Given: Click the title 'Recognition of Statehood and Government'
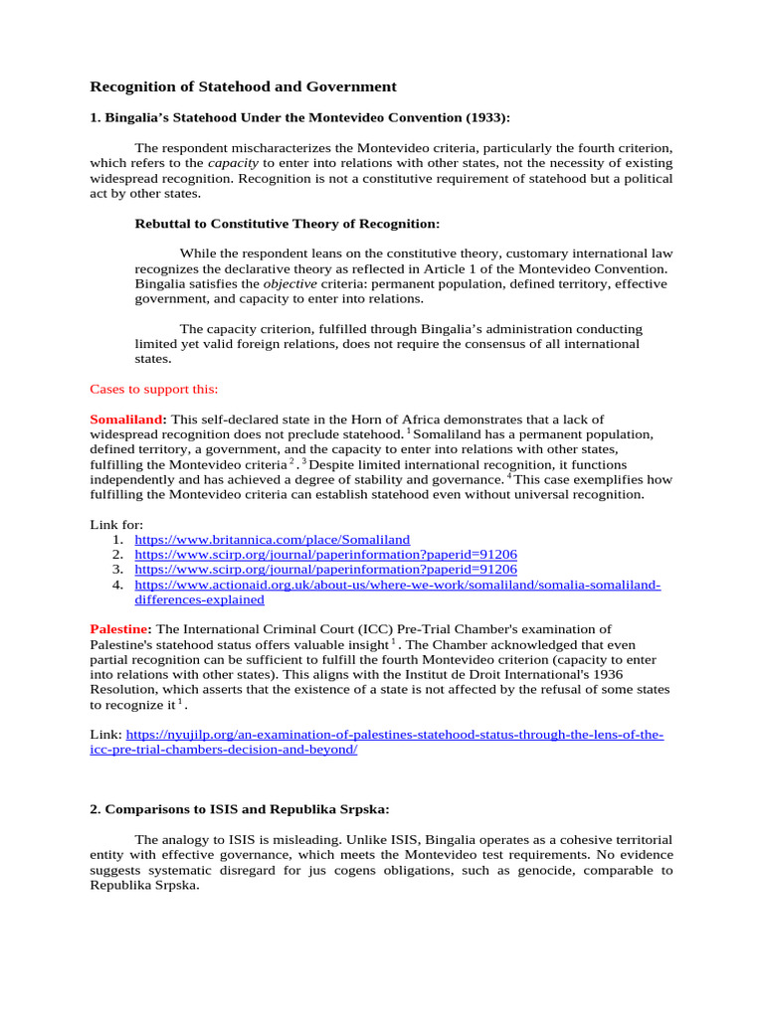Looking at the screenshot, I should tap(244, 87).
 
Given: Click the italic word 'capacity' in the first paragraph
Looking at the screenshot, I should tap(231, 163).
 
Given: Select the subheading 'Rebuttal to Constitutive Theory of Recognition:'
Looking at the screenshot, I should tap(286, 223).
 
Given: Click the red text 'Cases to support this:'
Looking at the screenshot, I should tap(154, 388).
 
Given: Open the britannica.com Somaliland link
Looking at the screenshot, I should tap(272, 539).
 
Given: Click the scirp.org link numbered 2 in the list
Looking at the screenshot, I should tap(325, 554).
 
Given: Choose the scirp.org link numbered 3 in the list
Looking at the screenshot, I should tap(325, 569).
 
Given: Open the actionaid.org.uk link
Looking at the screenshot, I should tap(397, 585).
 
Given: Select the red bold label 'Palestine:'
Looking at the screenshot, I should tap(121, 629).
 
